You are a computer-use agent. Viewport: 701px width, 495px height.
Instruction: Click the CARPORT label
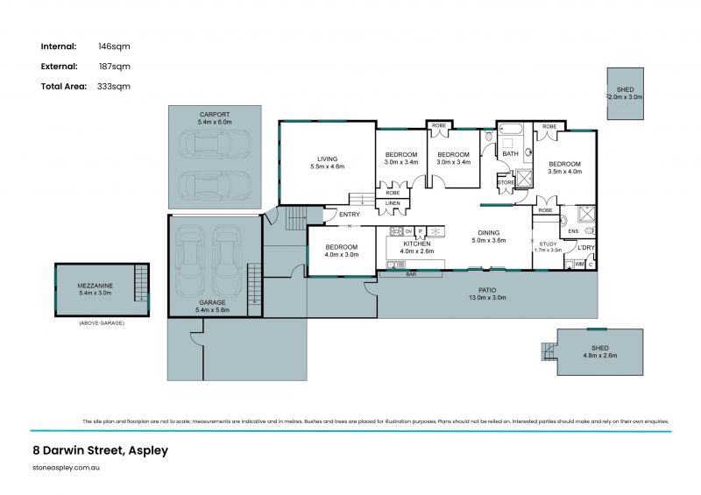tap(214, 115)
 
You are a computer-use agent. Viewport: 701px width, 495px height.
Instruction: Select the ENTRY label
tap(349, 215)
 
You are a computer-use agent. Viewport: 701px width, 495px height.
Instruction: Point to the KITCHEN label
tap(416, 244)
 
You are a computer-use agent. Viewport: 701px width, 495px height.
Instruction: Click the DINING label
tap(488, 232)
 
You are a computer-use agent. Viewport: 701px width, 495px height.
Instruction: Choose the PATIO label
tap(488, 290)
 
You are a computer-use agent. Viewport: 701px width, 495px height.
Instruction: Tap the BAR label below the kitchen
tap(411, 275)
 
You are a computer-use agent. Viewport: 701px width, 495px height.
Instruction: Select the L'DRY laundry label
tap(585, 247)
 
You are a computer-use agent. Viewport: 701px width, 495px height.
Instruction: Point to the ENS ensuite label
tap(574, 231)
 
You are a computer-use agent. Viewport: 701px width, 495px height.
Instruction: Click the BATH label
tap(510, 154)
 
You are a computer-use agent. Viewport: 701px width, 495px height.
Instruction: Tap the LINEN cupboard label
tap(392, 204)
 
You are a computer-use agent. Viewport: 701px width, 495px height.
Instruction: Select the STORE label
tap(506, 182)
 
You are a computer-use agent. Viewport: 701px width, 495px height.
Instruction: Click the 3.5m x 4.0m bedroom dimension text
tap(565, 172)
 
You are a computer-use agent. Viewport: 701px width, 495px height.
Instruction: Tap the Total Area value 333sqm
tap(114, 86)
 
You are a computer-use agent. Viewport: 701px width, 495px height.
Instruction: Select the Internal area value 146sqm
tap(114, 46)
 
